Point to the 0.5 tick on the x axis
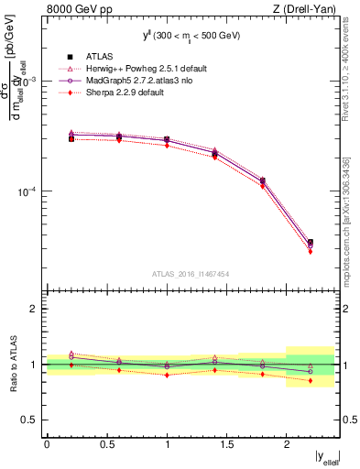click(x=106, y=443)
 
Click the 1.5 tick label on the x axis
click(x=226, y=443)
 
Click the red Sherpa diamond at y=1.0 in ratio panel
click(x=167, y=375)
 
